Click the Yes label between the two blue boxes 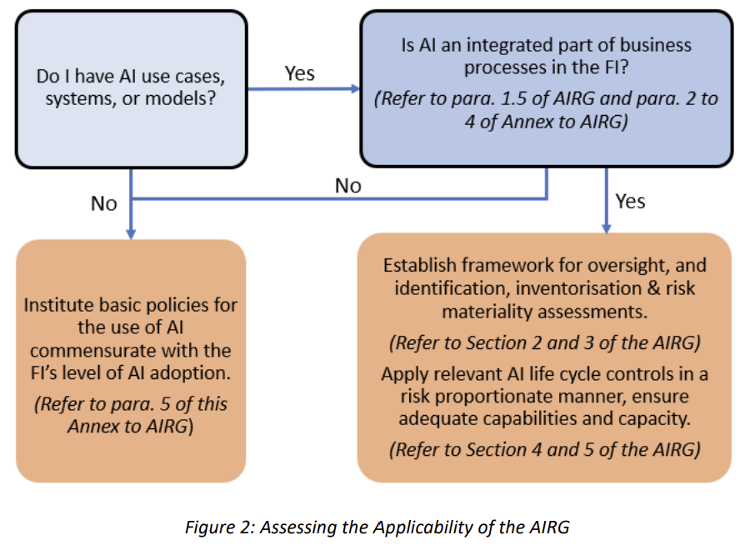click(x=300, y=73)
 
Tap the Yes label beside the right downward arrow click(x=630, y=201)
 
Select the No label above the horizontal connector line click(x=348, y=186)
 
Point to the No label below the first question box click(x=104, y=203)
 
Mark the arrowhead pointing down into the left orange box click(x=131, y=232)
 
